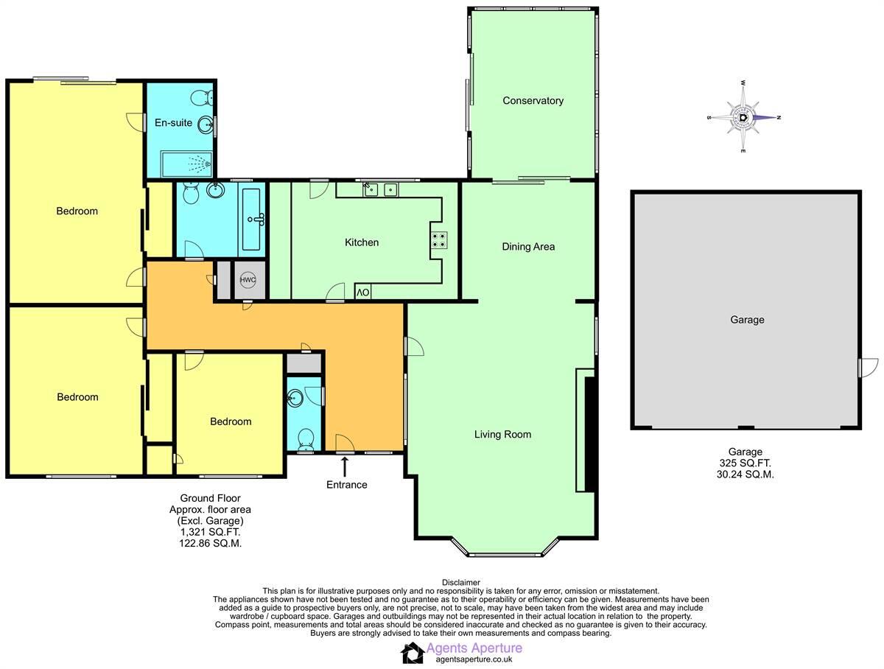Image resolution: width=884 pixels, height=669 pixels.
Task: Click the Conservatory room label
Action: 533,101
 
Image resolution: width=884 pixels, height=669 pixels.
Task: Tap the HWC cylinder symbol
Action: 248,280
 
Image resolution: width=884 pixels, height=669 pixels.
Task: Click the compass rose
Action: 744,117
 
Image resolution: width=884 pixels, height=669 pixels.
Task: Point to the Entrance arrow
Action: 345,466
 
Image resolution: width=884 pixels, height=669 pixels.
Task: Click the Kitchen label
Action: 362,242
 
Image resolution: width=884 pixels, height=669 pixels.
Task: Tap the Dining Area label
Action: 527,247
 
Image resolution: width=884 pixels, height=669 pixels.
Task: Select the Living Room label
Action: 502,435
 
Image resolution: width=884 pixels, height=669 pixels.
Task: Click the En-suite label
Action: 173,123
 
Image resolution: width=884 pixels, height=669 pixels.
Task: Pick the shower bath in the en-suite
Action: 180,161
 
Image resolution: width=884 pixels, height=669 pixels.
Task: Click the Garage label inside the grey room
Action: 746,320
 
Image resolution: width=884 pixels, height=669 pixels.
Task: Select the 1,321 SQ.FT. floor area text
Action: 210,531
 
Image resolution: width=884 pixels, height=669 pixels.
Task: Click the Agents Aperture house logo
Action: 413,652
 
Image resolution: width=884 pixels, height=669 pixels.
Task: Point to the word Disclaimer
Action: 460,582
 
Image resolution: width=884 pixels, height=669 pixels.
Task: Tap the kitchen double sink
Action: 380,189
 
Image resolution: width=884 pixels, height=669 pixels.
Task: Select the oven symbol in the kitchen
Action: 364,293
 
